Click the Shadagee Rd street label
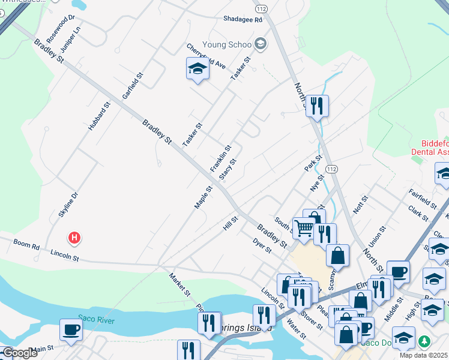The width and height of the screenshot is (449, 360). click(243, 20)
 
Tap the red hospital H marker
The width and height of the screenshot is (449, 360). click(74, 238)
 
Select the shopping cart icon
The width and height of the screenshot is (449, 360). click(304, 229)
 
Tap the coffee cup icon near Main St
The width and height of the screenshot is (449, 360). click(71, 329)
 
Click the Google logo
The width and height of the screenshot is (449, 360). click(20, 353)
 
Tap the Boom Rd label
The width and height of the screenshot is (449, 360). click(26, 245)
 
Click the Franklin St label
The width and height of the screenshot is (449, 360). click(220, 159)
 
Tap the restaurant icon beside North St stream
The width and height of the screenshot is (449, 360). click(317, 106)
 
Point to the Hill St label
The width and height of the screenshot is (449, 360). click(231, 223)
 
